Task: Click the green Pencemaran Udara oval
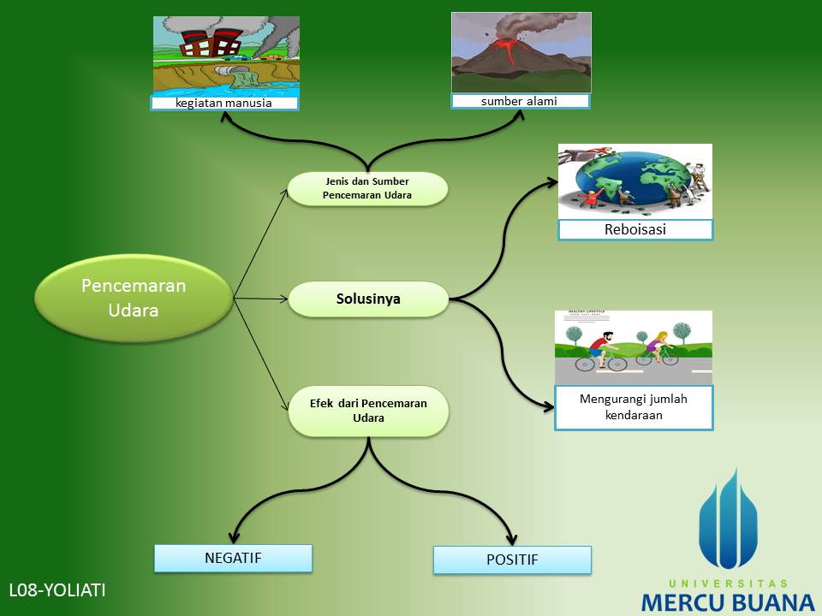(134, 298)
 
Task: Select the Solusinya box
(368, 299)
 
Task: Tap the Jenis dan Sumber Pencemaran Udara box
(367, 188)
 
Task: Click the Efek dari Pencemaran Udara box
(368, 411)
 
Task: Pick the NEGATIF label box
(233, 558)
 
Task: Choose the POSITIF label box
(512, 560)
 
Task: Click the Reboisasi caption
(635, 230)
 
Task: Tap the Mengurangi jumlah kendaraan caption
(634, 406)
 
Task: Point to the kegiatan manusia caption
(224, 104)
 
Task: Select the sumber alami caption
(520, 101)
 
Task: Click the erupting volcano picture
(521, 51)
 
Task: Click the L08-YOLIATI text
(57, 589)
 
